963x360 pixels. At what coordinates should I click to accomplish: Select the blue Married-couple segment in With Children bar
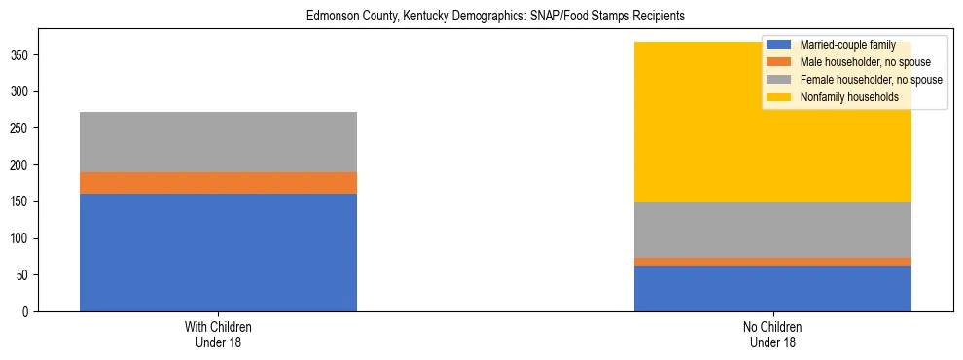point(218,252)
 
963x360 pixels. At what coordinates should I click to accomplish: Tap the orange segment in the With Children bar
point(218,183)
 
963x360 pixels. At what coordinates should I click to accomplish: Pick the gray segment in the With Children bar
point(218,142)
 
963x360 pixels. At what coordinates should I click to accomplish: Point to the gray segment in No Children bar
point(772,230)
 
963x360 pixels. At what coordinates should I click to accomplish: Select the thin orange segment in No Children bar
point(772,262)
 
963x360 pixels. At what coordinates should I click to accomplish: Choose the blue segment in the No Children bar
point(772,288)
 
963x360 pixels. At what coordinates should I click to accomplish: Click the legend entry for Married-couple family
point(847,45)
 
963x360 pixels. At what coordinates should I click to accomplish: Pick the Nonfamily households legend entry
point(848,97)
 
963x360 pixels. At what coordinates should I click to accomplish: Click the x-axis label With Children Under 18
point(218,335)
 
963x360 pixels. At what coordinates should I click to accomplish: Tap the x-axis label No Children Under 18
point(772,335)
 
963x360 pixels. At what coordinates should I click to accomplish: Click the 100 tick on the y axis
point(21,238)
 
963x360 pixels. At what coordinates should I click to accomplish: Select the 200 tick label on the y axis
point(21,165)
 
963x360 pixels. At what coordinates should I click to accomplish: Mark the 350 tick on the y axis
point(21,55)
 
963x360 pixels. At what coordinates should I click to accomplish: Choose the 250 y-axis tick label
point(21,128)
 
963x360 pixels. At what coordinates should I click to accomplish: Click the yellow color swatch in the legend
point(779,97)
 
